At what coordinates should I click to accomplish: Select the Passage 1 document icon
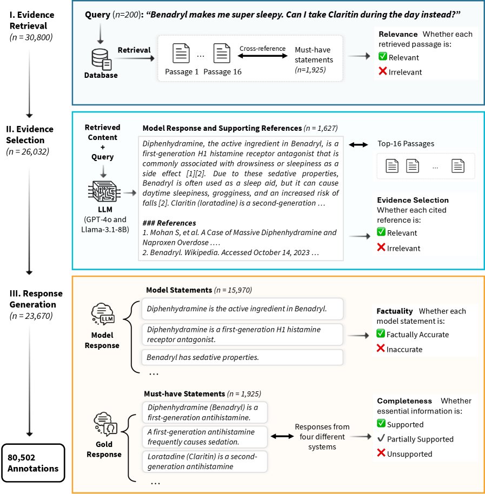tap(181, 54)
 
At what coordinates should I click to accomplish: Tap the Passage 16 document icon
tap(222, 54)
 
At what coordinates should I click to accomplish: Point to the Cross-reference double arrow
tap(262, 55)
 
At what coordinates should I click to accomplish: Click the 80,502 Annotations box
tap(33, 463)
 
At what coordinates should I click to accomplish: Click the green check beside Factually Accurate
tap(381, 334)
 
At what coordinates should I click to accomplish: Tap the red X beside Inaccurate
tap(381, 349)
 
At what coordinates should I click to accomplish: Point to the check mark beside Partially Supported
tap(381, 439)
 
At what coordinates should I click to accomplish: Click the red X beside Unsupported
tap(381, 453)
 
